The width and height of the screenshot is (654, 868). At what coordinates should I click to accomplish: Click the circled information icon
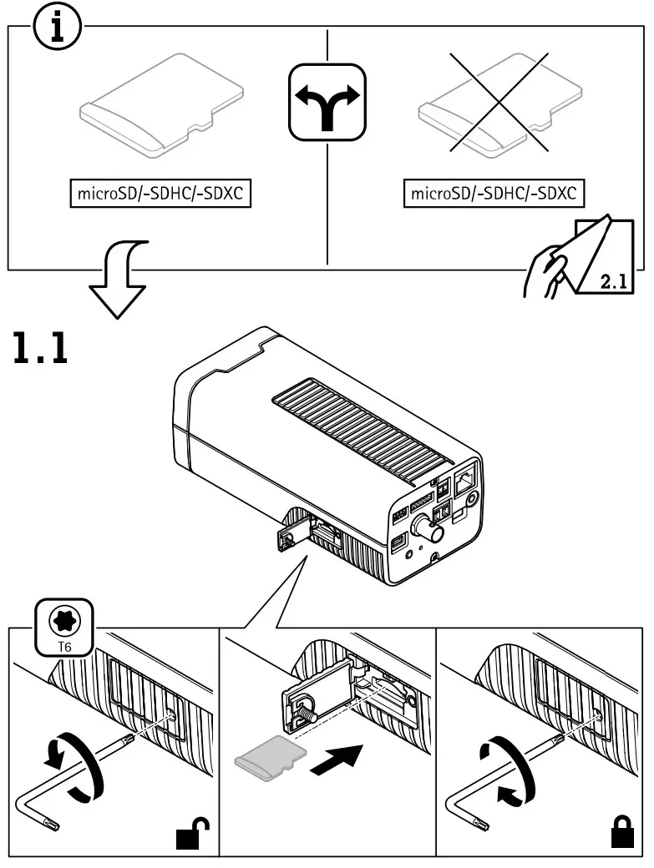pos(57,29)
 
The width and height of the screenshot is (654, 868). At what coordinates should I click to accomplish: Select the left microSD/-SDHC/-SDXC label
pos(160,194)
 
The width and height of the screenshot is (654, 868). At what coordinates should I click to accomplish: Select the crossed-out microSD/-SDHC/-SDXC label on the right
pos(494,194)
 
